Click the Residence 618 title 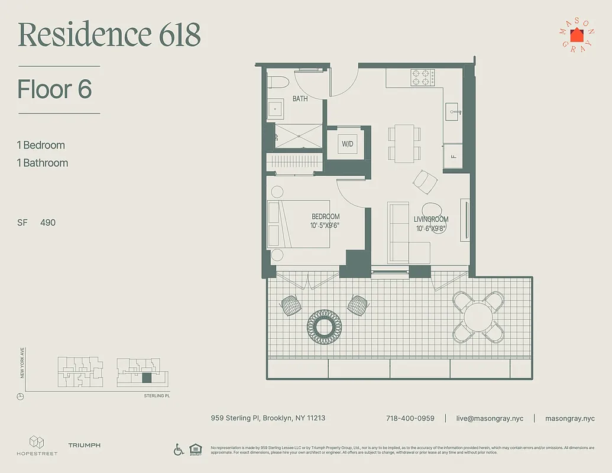click(x=109, y=35)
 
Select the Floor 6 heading click(x=55, y=89)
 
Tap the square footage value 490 click(x=48, y=222)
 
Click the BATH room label click(x=300, y=99)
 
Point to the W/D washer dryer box click(x=347, y=144)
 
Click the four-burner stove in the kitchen click(x=423, y=78)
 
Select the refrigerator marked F click(x=454, y=157)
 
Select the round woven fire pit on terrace click(x=325, y=324)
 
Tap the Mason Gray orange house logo click(x=576, y=34)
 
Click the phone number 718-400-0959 click(x=410, y=418)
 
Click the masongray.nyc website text click(x=569, y=418)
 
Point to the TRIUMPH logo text click(x=84, y=445)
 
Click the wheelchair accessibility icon click(x=179, y=450)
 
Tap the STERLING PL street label click(x=160, y=395)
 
